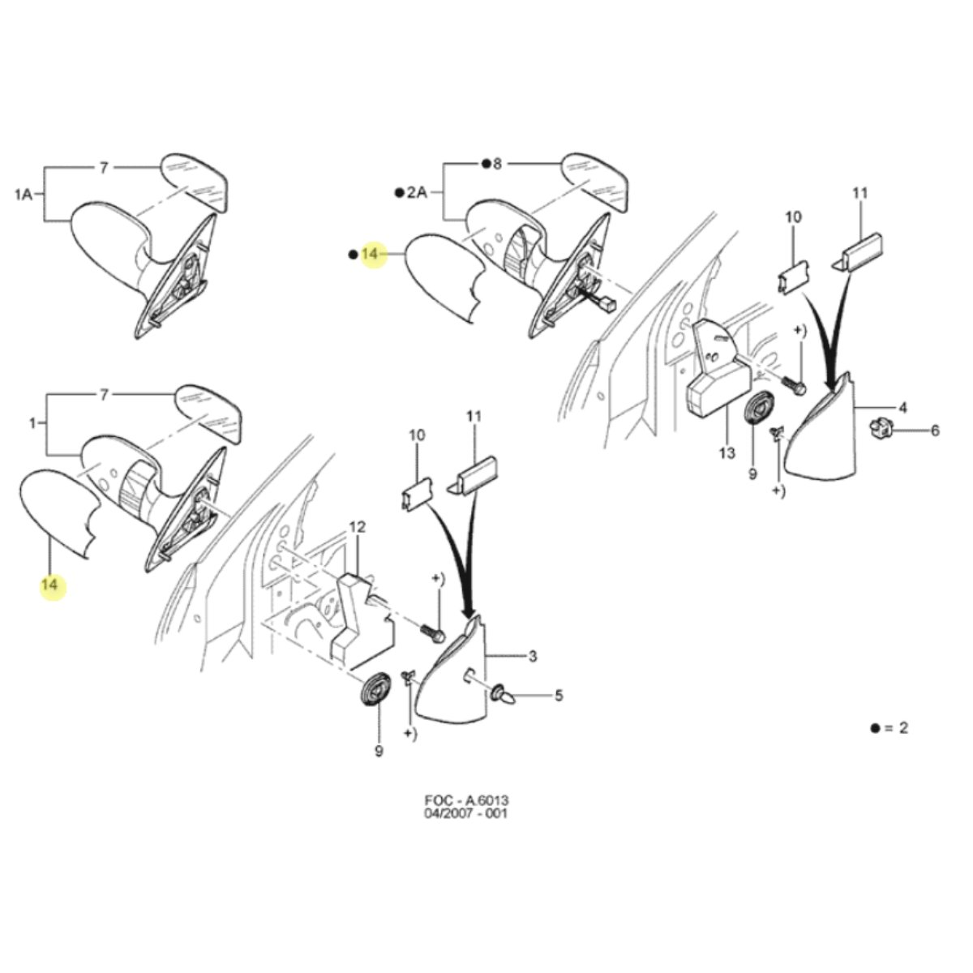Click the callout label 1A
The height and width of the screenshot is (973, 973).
pyautogui.click(x=24, y=194)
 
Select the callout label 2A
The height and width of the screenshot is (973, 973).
pyautogui.click(x=417, y=192)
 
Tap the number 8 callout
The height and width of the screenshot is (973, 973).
pyautogui.click(x=497, y=164)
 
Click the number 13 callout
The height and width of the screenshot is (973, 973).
pyautogui.click(x=727, y=453)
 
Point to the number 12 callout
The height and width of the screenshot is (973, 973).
pyautogui.click(x=357, y=527)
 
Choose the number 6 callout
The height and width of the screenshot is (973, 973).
pyautogui.click(x=935, y=431)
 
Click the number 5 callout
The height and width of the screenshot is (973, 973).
pyautogui.click(x=559, y=695)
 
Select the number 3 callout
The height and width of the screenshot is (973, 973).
pyautogui.click(x=532, y=657)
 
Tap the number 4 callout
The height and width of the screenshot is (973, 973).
pyautogui.click(x=902, y=407)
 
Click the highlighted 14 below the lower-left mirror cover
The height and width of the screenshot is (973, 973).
pyautogui.click(x=50, y=585)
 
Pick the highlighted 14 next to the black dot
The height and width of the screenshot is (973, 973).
pyautogui.click(x=370, y=254)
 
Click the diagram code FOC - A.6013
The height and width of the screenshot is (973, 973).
pyautogui.click(x=466, y=800)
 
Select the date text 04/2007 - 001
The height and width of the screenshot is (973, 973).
pyautogui.click(x=465, y=813)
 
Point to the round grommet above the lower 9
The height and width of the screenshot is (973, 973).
pyautogui.click(x=376, y=690)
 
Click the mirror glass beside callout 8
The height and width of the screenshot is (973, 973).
pyautogui.click(x=596, y=182)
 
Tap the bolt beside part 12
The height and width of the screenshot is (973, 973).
pyautogui.click(x=432, y=631)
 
